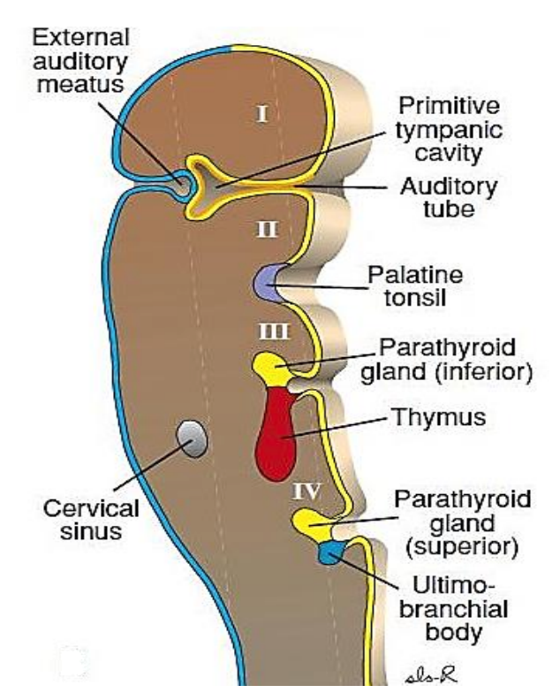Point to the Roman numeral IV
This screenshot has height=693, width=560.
click(306, 490)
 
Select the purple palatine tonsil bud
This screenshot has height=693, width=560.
click(268, 281)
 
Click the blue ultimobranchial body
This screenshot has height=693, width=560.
click(330, 554)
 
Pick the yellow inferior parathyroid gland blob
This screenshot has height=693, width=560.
click(270, 365)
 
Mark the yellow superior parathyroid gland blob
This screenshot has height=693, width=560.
click(311, 523)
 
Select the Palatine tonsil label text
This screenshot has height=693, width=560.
click(414, 286)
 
